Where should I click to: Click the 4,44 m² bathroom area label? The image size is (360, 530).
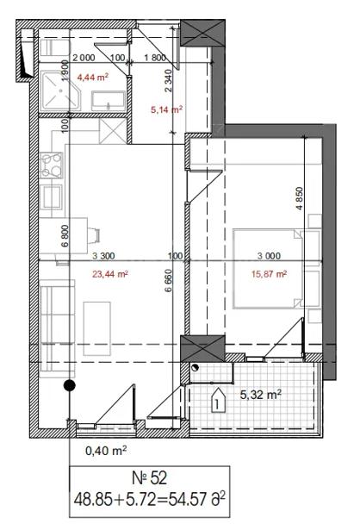pos(93,78)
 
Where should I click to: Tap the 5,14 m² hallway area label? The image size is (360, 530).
pos(167,109)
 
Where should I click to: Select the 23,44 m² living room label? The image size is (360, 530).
pos(110,274)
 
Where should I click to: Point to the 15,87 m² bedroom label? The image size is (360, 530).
pos(270,274)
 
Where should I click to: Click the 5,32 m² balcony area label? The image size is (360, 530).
pos(261,395)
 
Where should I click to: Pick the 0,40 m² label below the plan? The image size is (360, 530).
pos(106,451)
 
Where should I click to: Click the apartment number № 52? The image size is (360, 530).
pos(149,478)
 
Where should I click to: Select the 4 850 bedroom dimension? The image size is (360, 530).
pos(300,198)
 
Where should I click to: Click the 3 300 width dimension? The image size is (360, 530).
pos(103,256)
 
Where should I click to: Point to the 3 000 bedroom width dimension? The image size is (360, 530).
pos(269,256)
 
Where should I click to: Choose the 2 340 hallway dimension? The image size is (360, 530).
pos(169,80)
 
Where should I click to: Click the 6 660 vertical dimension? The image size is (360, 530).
pos(169,280)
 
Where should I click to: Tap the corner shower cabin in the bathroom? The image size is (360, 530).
pos(61,90)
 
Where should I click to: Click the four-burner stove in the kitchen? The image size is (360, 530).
pos(52,165)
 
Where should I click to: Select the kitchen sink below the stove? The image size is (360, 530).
pos(52,197)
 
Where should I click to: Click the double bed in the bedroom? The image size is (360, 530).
pos(268,269)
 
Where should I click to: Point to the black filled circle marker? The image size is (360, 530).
pos(70,385)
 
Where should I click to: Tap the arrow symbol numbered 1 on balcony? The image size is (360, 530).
pos(218,400)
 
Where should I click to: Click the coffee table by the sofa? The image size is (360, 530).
pos(97,328)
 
